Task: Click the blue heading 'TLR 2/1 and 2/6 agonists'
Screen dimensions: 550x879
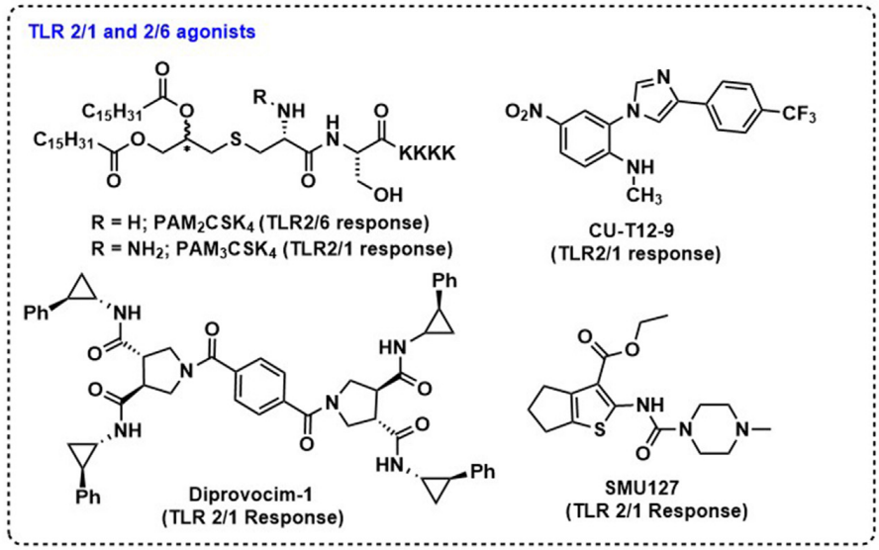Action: (x=145, y=32)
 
